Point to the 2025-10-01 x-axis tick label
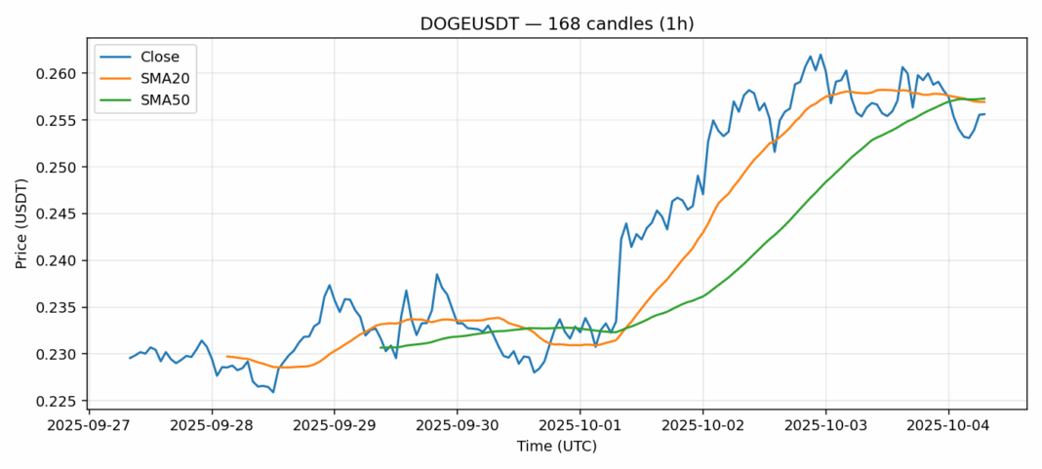(x=580, y=426)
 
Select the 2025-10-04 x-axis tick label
(x=947, y=426)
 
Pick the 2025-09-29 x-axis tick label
(x=335, y=426)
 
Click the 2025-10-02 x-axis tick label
(x=702, y=426)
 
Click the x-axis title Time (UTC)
(x=556, y=447)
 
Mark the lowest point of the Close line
(x=273, y=392)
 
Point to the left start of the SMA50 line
(x=381, y=347)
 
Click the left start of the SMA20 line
(x=226, y=356)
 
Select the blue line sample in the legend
(x=119, y=56)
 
